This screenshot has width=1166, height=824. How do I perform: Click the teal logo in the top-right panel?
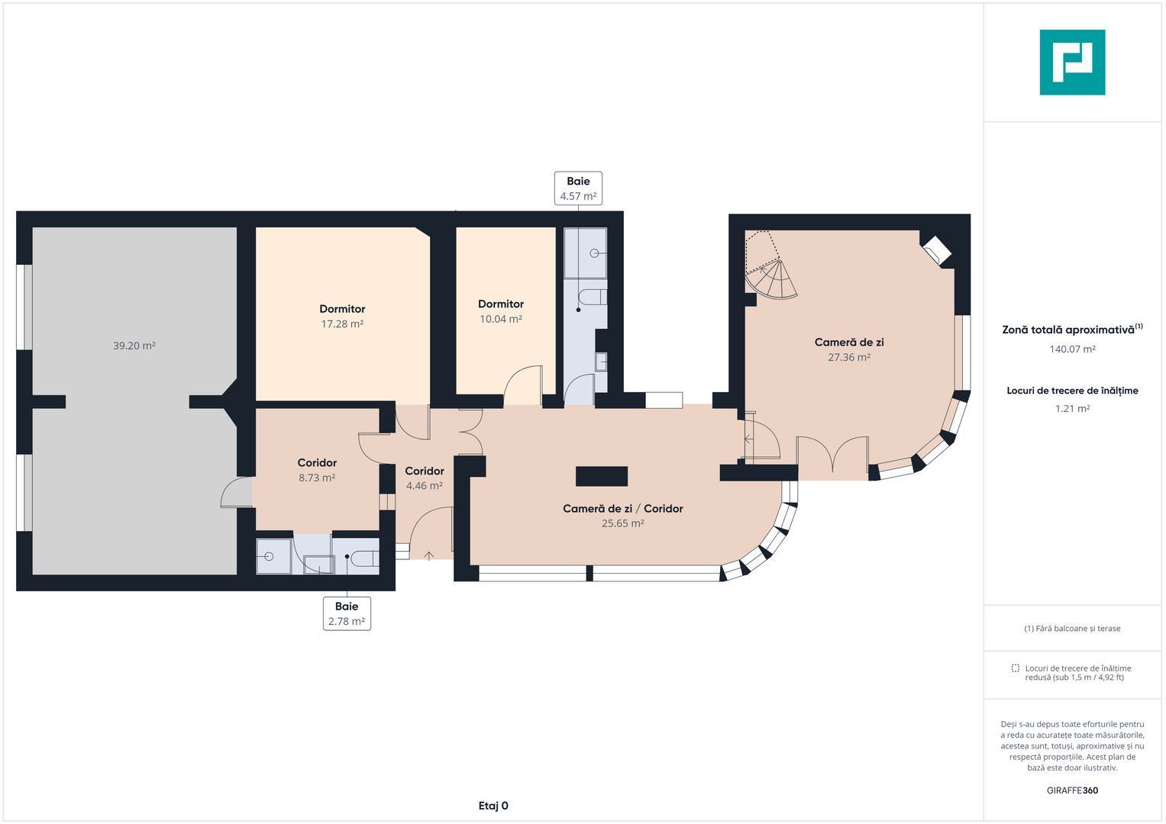(x=1072, y=63)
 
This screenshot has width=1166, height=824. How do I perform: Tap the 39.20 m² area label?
(x=134, y=346)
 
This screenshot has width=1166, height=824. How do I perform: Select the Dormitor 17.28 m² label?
(x=342, y=317)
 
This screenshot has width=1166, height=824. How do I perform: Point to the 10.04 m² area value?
(x=501, y=319)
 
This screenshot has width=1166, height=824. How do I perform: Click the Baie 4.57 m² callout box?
(x=578, y=188)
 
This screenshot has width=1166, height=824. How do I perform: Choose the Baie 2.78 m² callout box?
(x=347, y=614)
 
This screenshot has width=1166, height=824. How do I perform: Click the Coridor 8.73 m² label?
(x=317, y=470)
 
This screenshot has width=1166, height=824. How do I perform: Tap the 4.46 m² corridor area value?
(x=425, y=486)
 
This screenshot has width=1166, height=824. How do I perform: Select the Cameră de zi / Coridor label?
(x=622, y=509)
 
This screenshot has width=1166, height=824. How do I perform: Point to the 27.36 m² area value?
(x=849, y=357)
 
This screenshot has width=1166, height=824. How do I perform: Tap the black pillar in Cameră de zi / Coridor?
(x=601, y=476)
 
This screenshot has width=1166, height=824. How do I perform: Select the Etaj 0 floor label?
(x=493, y=806)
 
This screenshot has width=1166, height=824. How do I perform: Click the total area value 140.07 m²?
(x=1072, y=349)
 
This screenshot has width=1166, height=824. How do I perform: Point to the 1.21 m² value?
(x=1072, y=409)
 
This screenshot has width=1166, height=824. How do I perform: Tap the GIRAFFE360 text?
(x=1072, y=790)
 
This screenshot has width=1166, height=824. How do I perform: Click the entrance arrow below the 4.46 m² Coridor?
(x=428, y=555)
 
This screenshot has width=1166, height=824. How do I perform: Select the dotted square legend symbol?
(x=1015, y=668)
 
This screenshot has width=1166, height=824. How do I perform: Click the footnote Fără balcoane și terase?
(x=1072, y=629)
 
